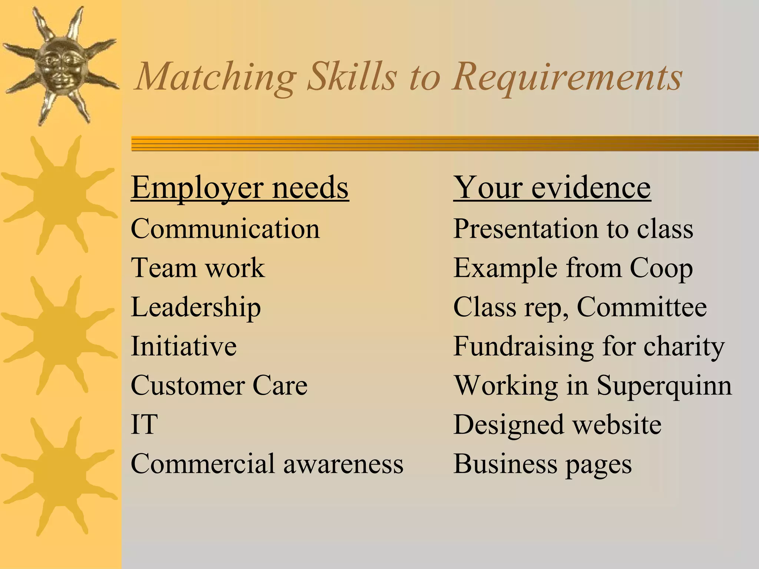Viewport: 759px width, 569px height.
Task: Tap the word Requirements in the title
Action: pyautogui.click(x=567, y=77)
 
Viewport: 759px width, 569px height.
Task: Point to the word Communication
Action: pyautogui.click(x=225, y=229)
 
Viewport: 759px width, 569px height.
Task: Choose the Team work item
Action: pyautogui.click(x=198, y=268)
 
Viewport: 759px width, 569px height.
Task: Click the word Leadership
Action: pyautogui.click(x=196, y=307)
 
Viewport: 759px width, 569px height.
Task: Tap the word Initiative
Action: pyautogui.click(x=184, y=346)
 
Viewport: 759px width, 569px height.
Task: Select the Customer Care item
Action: pyautogui.click(x=219, y=386)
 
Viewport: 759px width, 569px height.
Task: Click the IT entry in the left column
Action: pyautogui.click(x=144, y=425)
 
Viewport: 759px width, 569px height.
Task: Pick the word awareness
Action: pyautogui.click(x=343, y=464)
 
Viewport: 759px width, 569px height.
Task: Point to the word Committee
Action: pyautogui.click(x=642, y=307)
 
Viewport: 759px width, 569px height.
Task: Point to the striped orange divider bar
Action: pyautogui.click(x=445, y=144)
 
